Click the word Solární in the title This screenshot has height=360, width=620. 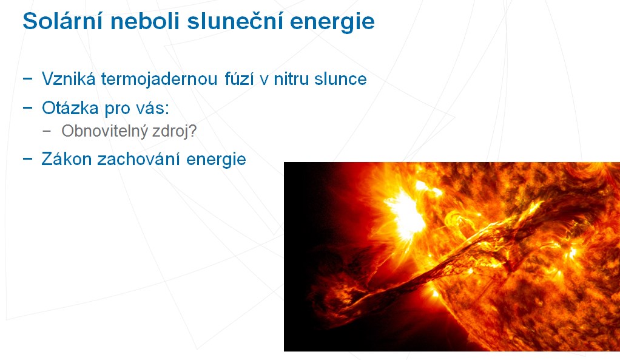(63, 21)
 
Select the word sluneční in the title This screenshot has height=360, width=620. (235, 21)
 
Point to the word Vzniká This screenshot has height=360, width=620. (69, 79)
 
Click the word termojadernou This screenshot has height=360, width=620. (160, 79)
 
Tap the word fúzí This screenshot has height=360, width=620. (239, 79)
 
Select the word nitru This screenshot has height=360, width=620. (291, 79)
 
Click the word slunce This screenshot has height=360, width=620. (340, 79)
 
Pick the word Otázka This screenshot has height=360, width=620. (70, 107)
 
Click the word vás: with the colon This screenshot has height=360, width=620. (153, 107)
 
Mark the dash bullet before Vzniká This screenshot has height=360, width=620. (28, 78)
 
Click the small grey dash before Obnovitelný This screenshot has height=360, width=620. (47, 131)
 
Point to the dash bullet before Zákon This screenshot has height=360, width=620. (28, 158)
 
